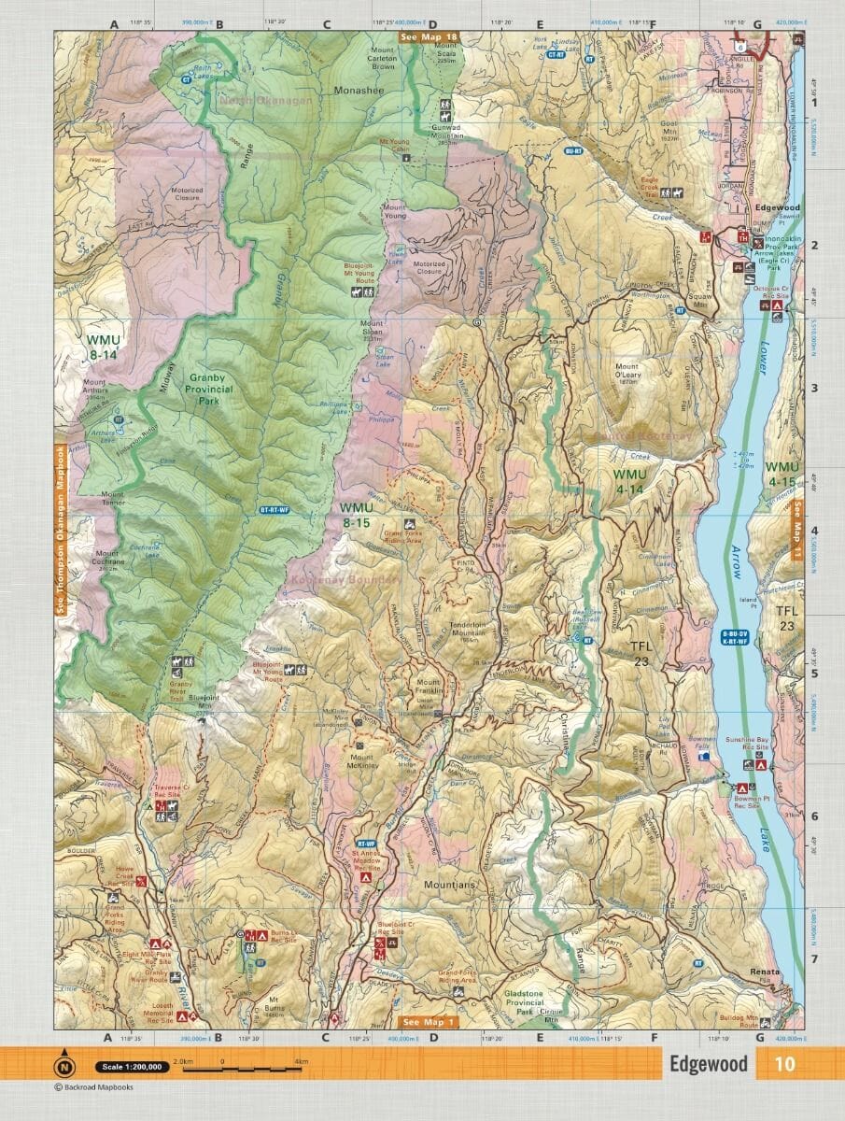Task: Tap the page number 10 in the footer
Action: point(784,1064)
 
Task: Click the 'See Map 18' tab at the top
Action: point(428,37)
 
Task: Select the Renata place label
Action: point(765,972)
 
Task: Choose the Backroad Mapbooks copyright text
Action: point(93,1087)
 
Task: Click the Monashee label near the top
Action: point(359,92)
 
